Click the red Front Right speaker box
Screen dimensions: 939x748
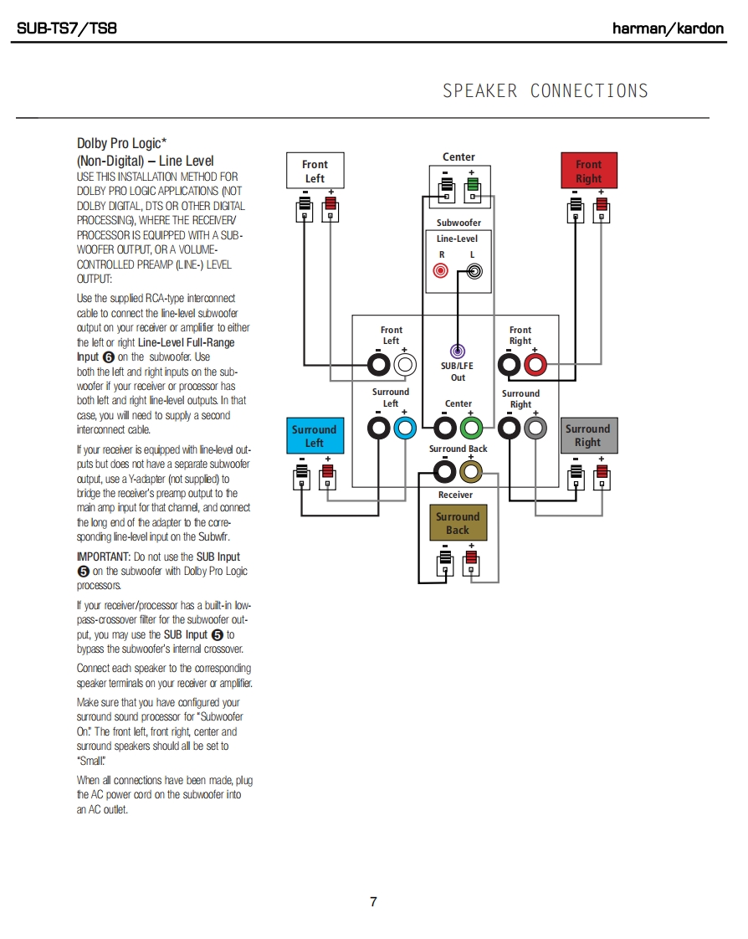click(x=588, y=172)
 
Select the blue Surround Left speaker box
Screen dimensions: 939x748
click(x=314, y=436)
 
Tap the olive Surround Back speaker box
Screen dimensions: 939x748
click(x=457, y=523)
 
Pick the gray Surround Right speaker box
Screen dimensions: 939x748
click(x=587, y=435)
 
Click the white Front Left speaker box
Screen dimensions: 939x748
click(x=315, y=172)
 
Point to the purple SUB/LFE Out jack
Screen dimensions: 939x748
click(x=458, y=352)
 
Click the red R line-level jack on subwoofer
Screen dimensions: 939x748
click(x=441, y=270)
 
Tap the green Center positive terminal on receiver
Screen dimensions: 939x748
click(x=470, y=428)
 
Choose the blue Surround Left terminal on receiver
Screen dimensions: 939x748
click(x=404, y=428)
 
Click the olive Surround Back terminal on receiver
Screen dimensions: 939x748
click(x=470, y=473)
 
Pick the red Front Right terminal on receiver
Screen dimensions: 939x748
click(x=535, y=365)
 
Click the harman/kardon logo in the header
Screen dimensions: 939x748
click(x=668, y=28)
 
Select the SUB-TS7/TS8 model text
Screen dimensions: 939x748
click(x=67, y=28)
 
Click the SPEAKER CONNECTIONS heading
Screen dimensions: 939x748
click(x=546, y=90)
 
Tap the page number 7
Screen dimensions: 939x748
click(x=373, y=901)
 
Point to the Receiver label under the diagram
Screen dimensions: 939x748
click(x=455, y=495)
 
